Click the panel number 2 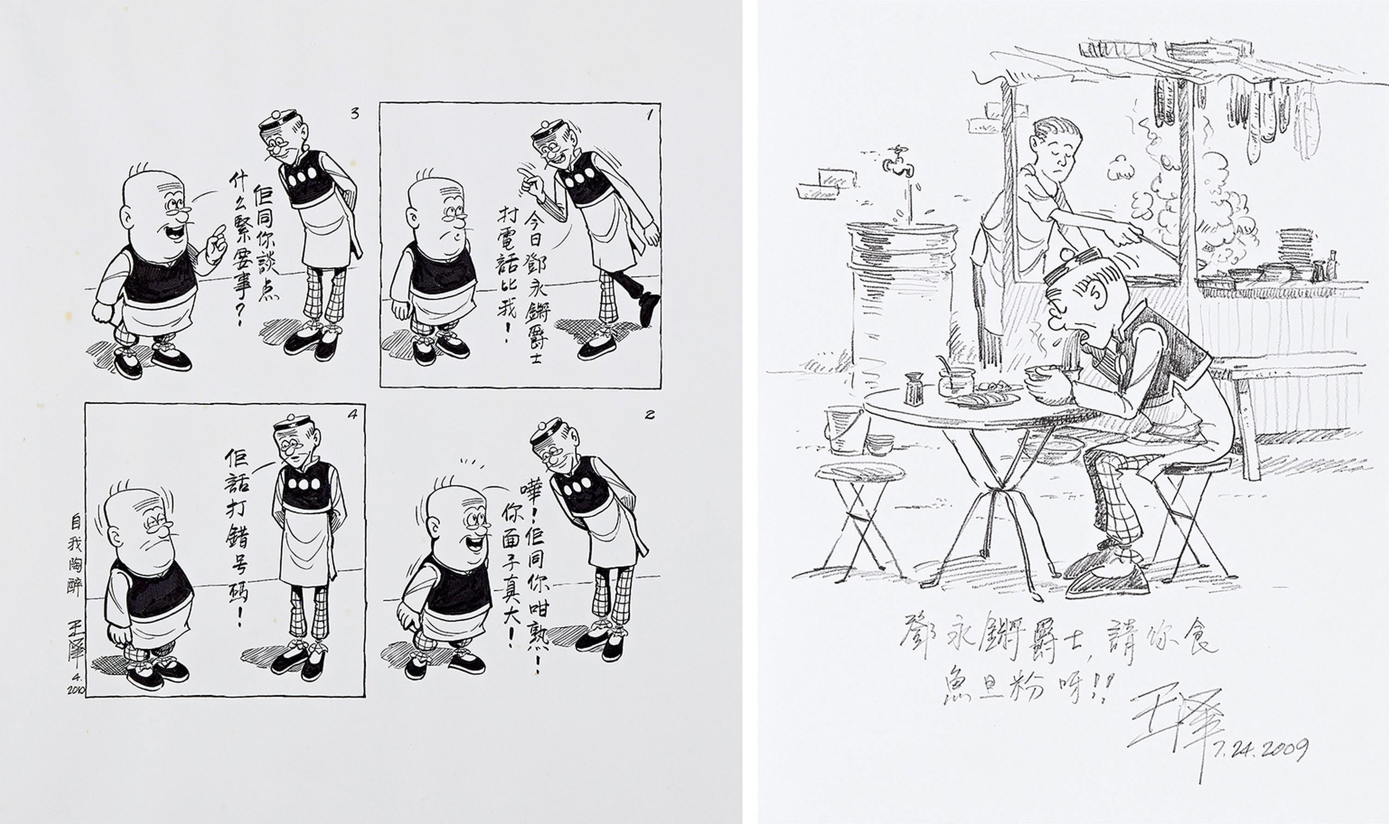[x=650, y=415]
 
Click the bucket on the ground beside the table [x=843, y=429]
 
